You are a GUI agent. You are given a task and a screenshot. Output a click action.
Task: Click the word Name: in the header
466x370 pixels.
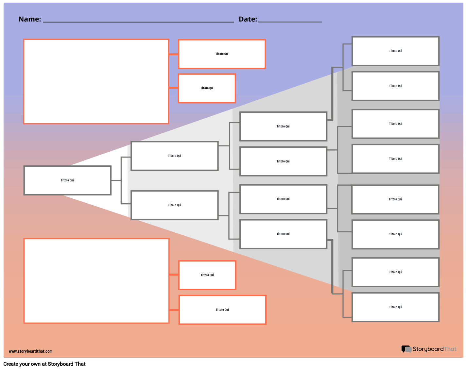click(x=30, y=19)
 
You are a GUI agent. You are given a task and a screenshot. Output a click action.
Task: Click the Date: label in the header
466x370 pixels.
click(x=248, y=19)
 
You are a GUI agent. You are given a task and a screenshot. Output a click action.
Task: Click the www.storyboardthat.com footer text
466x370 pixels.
click(x=30, y=351)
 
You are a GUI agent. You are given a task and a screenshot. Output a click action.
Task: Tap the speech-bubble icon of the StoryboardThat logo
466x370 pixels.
click(x=406, y=349)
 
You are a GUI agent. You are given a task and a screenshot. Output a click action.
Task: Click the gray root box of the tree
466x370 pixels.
click(x=67, y=180)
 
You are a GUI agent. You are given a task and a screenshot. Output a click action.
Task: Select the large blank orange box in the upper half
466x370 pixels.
click(x=96, y=81)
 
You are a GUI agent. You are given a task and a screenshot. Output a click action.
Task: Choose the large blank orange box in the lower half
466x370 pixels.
click(x=96, y=281)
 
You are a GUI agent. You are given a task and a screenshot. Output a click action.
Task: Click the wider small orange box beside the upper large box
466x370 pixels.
click(x=222, y=54)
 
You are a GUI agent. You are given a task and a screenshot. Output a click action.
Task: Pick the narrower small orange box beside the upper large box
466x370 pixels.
click(x=207, y=88)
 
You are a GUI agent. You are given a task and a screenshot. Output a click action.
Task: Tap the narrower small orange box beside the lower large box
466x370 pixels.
click(x=207, y=275)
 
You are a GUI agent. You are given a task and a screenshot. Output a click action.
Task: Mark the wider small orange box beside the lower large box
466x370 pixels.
click(x=222, y=310)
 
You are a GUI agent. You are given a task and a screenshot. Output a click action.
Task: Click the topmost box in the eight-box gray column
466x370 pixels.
click(x=395, y=51)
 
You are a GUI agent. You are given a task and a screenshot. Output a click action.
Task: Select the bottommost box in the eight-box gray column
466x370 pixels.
click(x=395, y=307)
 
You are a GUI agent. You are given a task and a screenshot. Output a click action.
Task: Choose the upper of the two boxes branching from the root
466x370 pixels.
click(x=174, y=156)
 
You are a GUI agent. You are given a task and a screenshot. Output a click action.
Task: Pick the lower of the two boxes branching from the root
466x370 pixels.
click(x=174, y=205)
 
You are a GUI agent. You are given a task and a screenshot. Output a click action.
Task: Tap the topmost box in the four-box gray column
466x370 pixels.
click(x=283, y=126)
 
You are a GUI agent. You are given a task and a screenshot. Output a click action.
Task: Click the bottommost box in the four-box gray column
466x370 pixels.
click(x=283, y=234)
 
